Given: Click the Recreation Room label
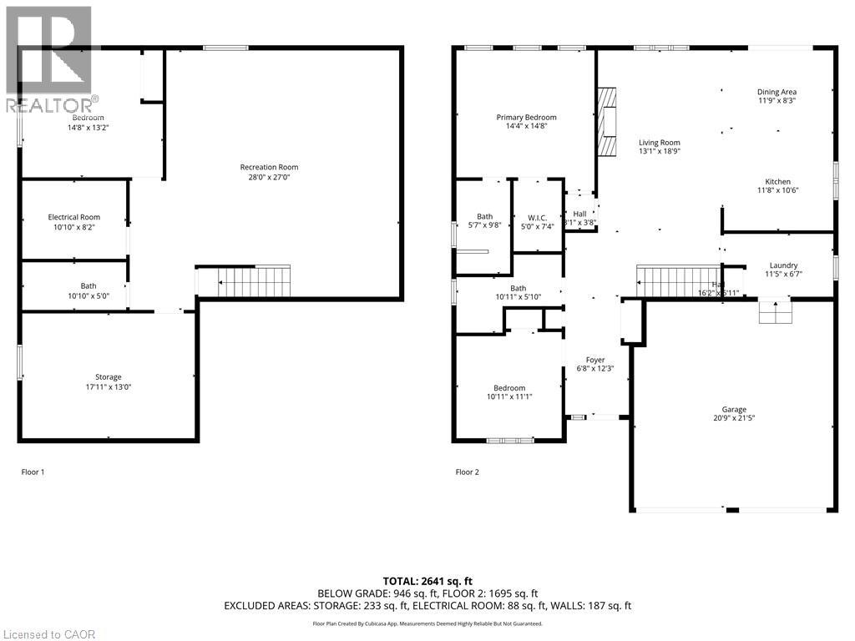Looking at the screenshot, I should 269,167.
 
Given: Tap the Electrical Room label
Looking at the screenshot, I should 73,217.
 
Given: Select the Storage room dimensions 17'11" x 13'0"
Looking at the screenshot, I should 108,387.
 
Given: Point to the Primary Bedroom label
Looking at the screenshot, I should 526,118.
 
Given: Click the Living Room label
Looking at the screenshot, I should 660,142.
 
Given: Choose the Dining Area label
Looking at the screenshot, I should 777,92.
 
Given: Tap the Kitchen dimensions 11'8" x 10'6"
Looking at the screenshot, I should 777,190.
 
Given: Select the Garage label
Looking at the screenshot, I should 734,409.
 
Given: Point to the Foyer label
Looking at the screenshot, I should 594,360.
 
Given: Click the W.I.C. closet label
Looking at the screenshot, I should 537,216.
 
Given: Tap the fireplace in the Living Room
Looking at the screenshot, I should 607,122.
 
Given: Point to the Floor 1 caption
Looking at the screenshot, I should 33,472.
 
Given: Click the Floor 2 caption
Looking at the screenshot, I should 468,472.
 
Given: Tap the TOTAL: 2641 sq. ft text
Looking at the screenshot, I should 427,581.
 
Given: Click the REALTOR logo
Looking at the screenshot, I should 49,59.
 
